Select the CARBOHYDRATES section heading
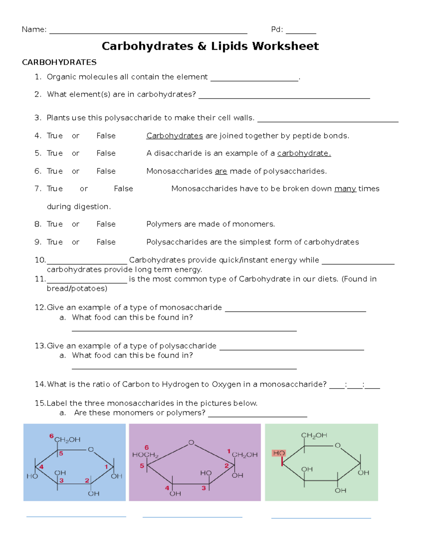pos(59,62)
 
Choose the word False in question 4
pos(106,136)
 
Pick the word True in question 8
pos(55,224)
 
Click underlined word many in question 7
pos(345,189)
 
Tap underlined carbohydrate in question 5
pos(304,153)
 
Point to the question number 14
pos(40,384)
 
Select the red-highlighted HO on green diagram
pos(279,453)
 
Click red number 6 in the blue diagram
pos(51,436)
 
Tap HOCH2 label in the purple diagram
pos(145,455)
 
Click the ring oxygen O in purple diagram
pos(191,443)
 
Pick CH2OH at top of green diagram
pos(314,436)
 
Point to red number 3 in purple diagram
pos(204,488)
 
